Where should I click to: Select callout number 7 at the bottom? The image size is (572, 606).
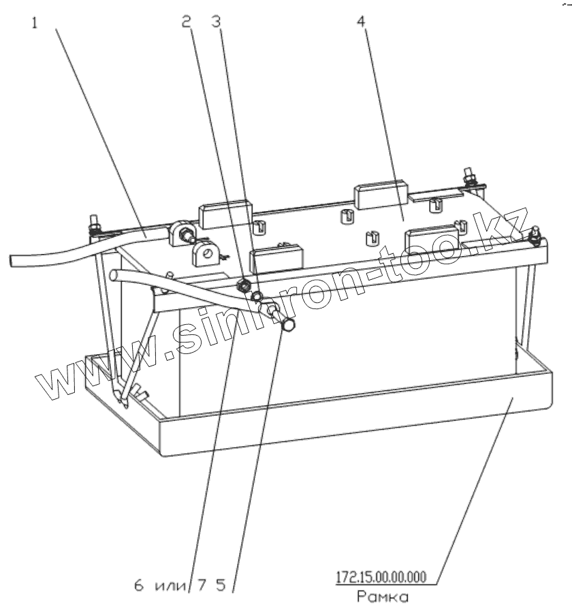[202, 584]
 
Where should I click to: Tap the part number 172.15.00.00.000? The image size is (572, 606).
[381, 578]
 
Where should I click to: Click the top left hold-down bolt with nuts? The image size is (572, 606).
[93, 225]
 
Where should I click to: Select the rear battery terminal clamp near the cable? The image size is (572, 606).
[182, 234]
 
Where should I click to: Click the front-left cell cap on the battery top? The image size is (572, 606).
[277, 257]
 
